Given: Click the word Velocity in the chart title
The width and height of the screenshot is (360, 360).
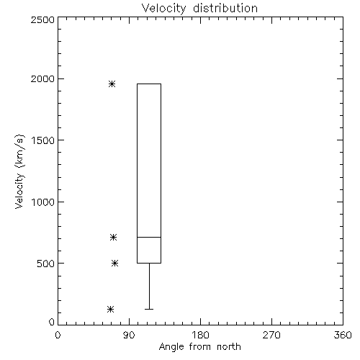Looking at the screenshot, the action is pyautogui.click(x=163, y=9).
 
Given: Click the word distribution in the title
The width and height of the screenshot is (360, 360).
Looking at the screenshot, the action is pyautogui.click(x=225, y=8).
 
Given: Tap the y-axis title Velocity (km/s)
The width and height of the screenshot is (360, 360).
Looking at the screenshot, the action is pyautogui.click(x=19, y=171).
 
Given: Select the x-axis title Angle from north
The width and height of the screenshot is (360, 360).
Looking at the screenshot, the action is pyautogui.click(x=200, y=347).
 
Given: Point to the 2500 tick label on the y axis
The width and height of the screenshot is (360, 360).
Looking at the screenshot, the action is pyautogui.click(x=43, y=19).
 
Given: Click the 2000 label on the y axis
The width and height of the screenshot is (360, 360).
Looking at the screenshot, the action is pyautogui.click(x=43, y=79).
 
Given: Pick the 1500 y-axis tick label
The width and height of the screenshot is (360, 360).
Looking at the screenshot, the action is pyautogui.click(x=43, y=140).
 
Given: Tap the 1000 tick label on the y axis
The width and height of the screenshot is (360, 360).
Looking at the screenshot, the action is pyautogui.click(x=43, y=202).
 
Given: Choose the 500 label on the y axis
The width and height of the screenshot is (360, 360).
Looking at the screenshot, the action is pyautogui.click(x=46, y=264).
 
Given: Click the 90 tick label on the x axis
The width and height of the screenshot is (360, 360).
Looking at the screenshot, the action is pyautogui.click(x=129, y=335).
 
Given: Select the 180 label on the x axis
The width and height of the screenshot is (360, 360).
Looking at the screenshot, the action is pyautogui.click(x=200, y=335).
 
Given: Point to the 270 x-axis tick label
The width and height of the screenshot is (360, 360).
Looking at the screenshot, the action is pyautogui.click(x=271, y=335).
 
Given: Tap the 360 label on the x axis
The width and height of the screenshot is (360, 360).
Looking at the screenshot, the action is pyautogui.click(x=343, y=335).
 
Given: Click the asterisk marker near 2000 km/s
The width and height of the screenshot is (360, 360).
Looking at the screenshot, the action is pyautogui.click(x=112, y=84).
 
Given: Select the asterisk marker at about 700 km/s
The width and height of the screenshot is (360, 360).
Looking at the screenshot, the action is pyautogui.click(x=113, y=238).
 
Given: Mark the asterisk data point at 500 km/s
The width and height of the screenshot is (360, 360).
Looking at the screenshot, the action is pyautogui.click(x=115, y=264).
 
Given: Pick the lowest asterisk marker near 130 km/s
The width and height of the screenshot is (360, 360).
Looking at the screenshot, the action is pyautogui.click(x=110, y=309).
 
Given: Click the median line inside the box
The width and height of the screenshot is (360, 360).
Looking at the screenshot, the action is pyautogui.click(x=149, y=237).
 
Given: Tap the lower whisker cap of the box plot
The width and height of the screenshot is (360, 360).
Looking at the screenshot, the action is pyautogui.click(x=149, y=309).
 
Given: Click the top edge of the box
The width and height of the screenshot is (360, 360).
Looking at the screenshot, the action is pyautogui.click(x=149, y=84).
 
